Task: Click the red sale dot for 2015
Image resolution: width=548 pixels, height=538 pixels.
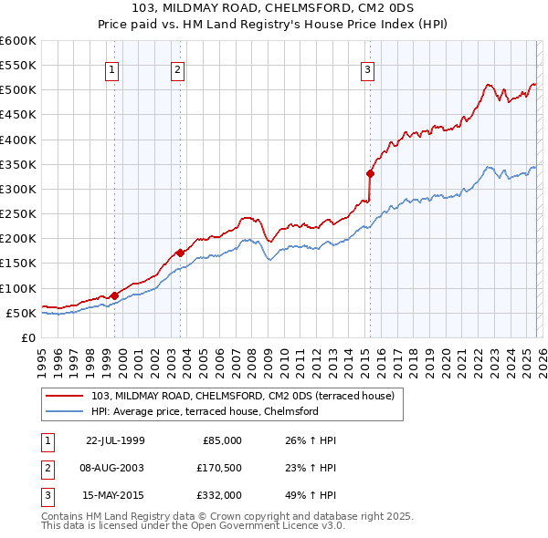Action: [x=370, y=173]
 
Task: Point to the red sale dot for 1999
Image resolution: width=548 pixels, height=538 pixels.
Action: [x=114, y=295]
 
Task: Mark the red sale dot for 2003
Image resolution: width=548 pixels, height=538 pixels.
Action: [x=180, y=253]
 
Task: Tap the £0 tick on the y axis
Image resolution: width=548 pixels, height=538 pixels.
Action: [x=27, y=337]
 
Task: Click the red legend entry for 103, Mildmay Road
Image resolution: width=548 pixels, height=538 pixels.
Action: [x=242, y=396]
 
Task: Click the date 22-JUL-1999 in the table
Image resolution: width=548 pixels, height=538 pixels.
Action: [x=115, y=440]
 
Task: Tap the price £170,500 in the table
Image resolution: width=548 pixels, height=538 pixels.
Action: [x=219, y=468]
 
